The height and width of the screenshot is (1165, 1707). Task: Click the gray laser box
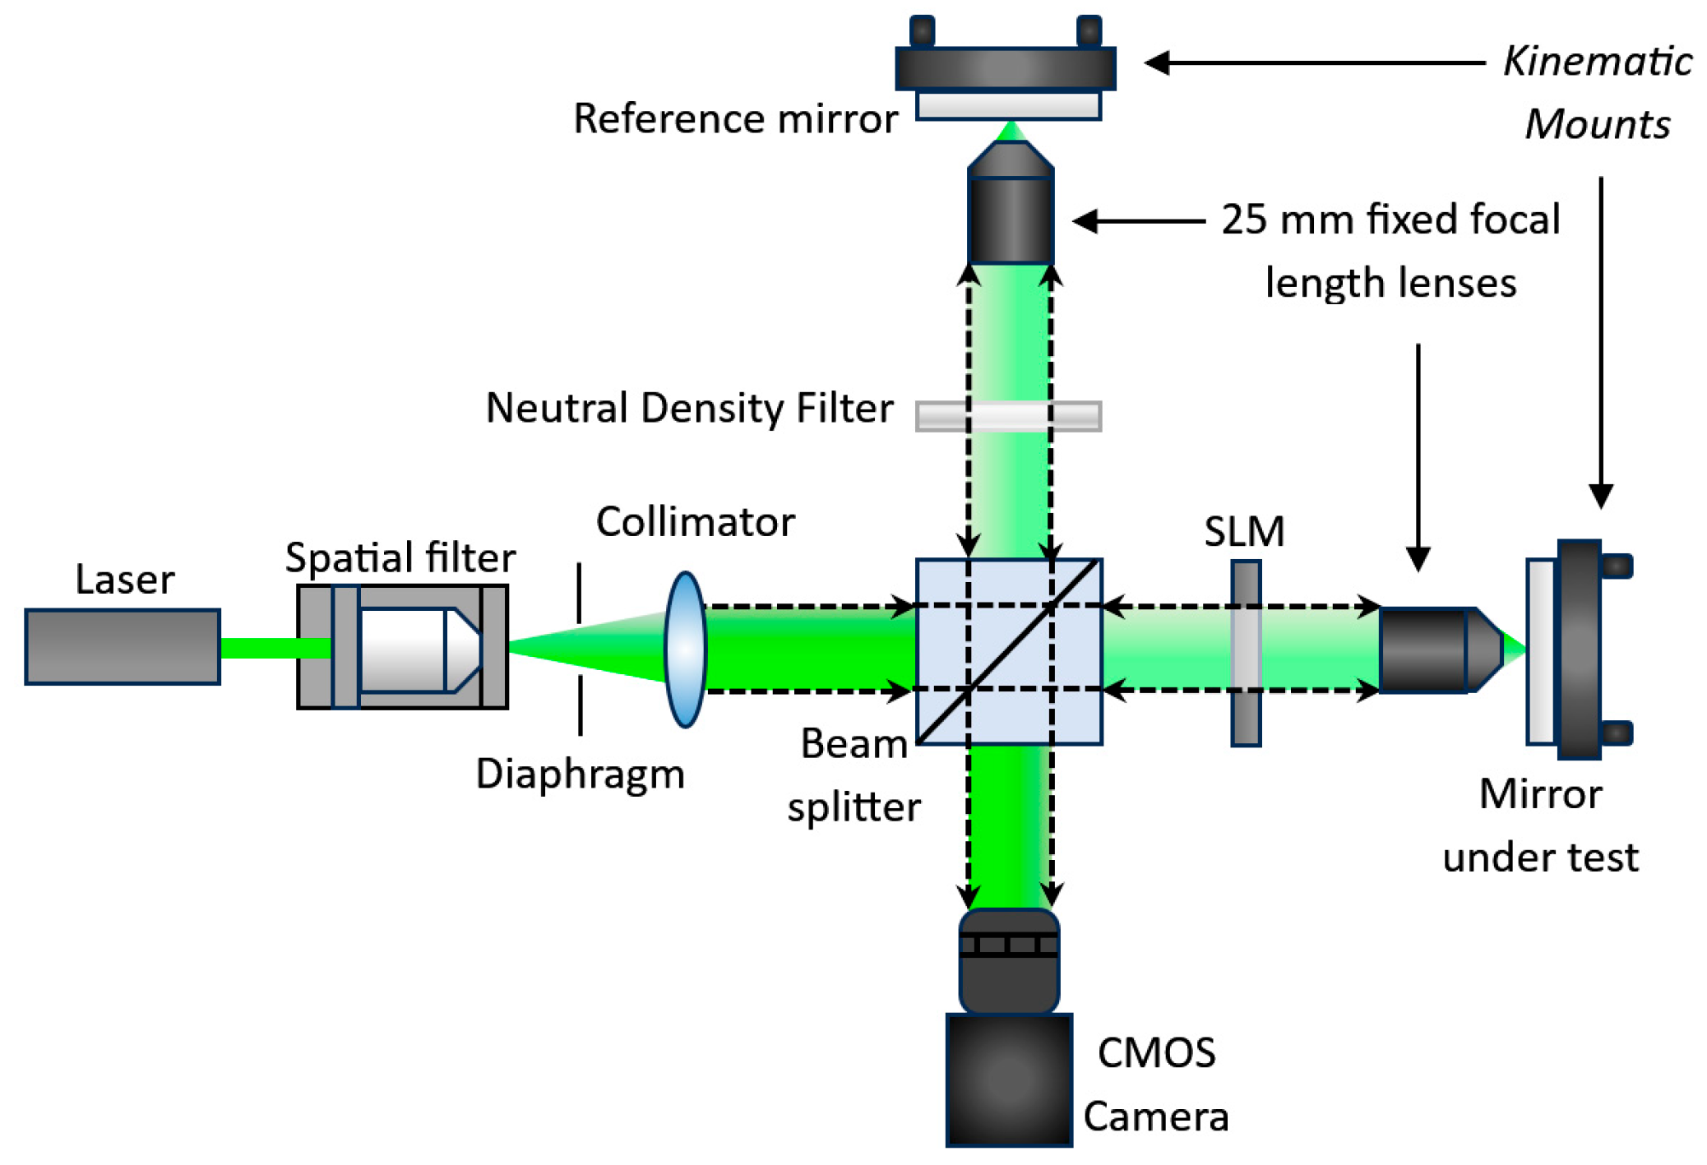[x=123, y=646]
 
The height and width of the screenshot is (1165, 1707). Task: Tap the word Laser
[x=125, y=580]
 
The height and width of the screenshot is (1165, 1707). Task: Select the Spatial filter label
[x=400, y=558]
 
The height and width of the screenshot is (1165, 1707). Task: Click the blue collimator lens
[x=685, y=650]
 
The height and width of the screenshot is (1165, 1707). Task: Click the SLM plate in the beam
[x=1246, y=653]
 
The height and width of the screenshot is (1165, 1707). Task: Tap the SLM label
[x=1244, y=532]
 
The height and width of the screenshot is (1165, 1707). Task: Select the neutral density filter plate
[x=1008, y=416]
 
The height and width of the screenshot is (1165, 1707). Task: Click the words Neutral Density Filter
[x=689, y=409]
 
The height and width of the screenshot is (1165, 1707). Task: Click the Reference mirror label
[x=735, y=119]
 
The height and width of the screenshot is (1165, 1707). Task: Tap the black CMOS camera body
[x=1009, y=1079]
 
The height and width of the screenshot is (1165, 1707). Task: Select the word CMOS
[x=1156, y=1053]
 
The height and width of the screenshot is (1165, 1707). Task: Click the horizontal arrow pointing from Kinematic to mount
[x=1316, y=62]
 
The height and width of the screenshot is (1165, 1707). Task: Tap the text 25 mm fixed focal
[x=1390, y=220]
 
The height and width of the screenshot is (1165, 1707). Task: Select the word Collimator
[x=695, y=522]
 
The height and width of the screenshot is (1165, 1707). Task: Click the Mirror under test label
[x=1540, y=825]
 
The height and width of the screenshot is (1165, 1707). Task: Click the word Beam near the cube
[x=853, y=744]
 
